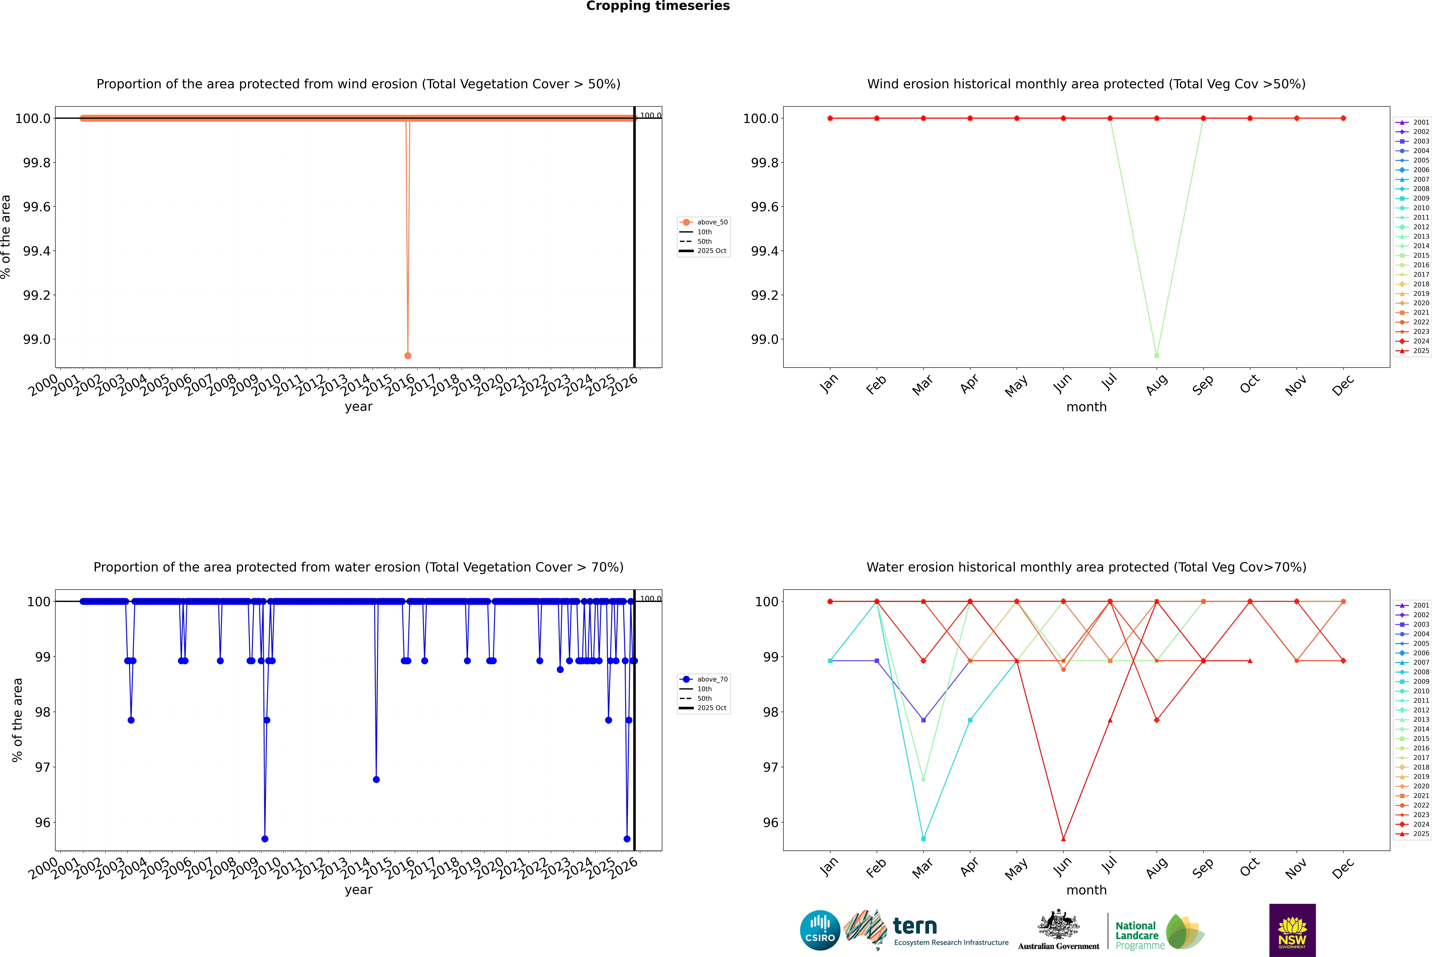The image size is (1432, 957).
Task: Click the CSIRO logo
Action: pyautogui.click(x=820, y=930)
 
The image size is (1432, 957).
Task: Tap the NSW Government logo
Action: pyautogui.click(x=1292, y=930)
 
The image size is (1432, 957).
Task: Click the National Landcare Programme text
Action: pyautogui.click(x=1137, y=935)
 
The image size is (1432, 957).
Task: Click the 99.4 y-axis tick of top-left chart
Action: pyautogui.click(x=37, y=251)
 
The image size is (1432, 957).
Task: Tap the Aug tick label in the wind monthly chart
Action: pyautogui.click(x=1157, y=384)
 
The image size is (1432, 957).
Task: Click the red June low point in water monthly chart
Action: pyautogui.click(x=1063, y=839)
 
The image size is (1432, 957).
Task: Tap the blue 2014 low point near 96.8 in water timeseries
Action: pyautogui.click(x=376, y=779)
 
